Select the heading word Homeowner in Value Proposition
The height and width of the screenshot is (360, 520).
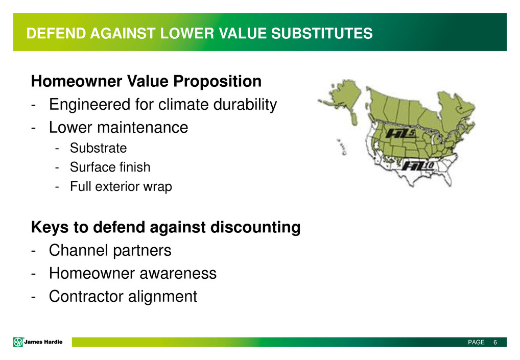coord(77,81)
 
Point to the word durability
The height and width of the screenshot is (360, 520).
coord(245,105)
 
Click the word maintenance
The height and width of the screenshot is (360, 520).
coord(143,128)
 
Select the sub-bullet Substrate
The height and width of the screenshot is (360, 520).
coord(98,148)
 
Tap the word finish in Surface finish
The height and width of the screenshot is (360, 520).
coord(135,167)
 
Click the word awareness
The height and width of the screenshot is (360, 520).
coord(178,274)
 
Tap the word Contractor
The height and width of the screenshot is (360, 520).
coord(86,296)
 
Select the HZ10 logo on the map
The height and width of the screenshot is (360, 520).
coord(418,165)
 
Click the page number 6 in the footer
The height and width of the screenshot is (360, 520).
coord(495,343)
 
